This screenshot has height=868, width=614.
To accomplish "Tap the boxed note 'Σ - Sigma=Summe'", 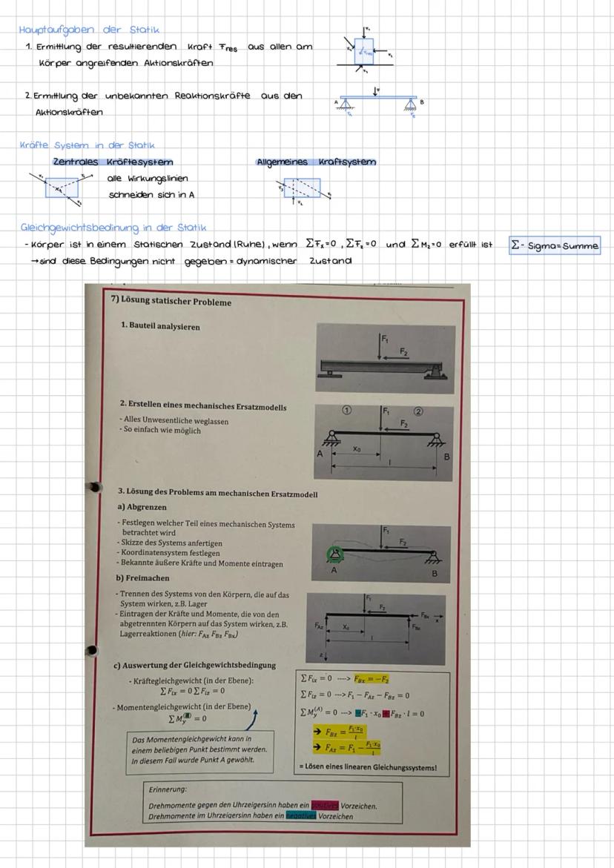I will [x=555, y=245].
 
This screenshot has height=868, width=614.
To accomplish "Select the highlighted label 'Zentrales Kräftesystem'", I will [x=112, y=162].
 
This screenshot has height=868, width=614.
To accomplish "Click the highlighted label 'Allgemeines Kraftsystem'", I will [x=316, y=162].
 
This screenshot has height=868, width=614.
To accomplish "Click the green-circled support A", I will [x=333, y=553].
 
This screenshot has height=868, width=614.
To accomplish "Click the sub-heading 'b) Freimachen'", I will [x=142, y=577].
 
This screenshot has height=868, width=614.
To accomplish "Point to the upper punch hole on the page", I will [x=95, y=487].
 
